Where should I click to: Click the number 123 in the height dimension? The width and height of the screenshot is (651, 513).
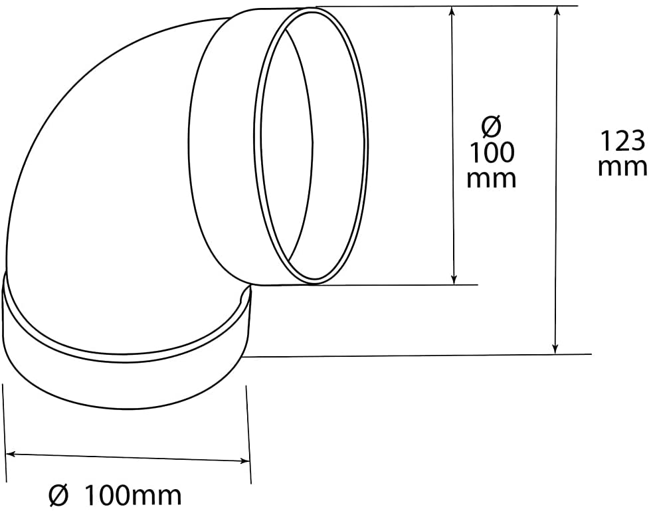(622, 141)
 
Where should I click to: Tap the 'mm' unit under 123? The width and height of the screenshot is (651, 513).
(622, 166)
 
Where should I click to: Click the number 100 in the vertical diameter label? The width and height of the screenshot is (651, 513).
(492, 153)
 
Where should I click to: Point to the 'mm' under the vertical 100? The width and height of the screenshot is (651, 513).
(492, 178)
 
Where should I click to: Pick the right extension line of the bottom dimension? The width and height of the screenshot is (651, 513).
(249, 432)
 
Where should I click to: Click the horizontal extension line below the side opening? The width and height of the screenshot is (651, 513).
(399, 285)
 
